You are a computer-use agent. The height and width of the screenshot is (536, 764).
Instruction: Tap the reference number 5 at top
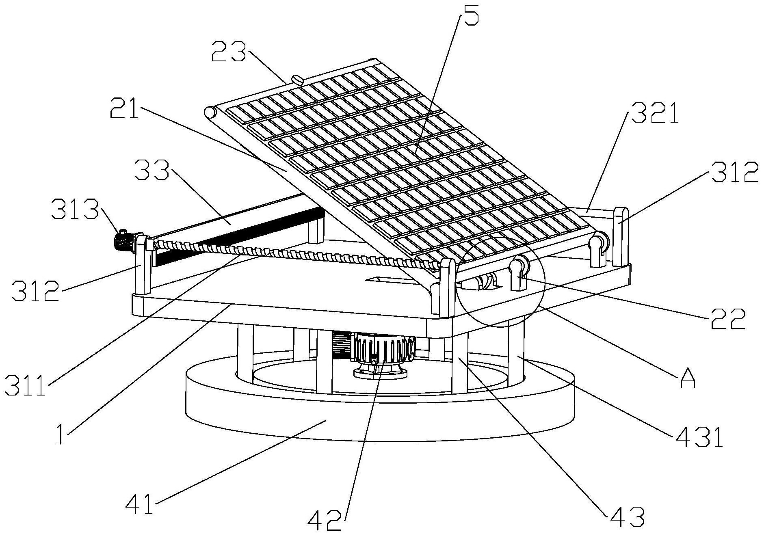tap(470, 13)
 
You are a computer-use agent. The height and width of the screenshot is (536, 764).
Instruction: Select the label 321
tap(654, 113)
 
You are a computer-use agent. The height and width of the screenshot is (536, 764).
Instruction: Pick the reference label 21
tap(124, 107)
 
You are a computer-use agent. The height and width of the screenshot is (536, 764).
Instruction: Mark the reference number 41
tap(139, 505)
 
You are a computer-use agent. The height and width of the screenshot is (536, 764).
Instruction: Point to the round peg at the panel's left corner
tap(210, 112)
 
